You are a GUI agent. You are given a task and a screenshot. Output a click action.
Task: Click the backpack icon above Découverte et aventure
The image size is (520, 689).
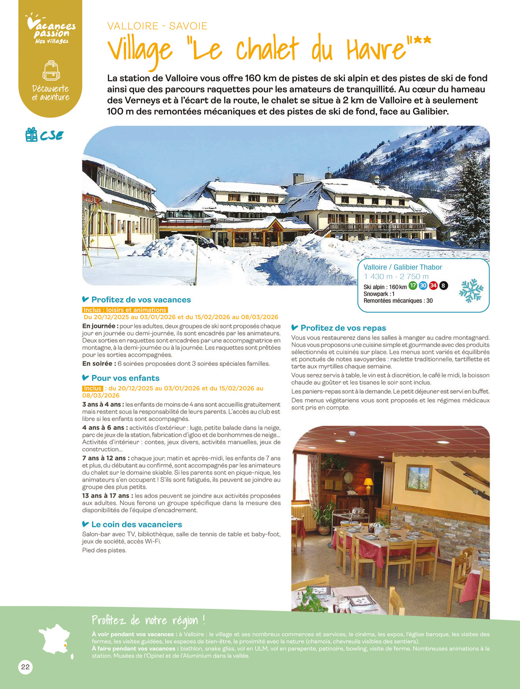pyautogui.click(x=51, y=70)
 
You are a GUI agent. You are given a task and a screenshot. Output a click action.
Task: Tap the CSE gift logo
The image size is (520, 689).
pyautogui.click(x=44, y=135)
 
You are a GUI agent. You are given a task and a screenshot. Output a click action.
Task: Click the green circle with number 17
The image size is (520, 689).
pyautogui.click(x=413, y=286)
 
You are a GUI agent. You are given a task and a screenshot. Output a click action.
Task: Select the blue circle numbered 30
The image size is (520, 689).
pyautogui.click(x=423, y=286)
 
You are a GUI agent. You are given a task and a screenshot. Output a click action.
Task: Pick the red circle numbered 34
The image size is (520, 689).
pyautogui.click(x=433, y=286)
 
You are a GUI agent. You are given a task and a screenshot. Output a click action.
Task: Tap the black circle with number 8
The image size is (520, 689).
pyautogui.click(x=443, y=286)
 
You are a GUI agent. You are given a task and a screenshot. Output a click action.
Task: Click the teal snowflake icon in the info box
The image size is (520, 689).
pyautogui.click(x=471, y=290)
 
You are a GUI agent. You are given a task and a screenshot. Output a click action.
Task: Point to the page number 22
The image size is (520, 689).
pyautogui.click(x=26, y=667)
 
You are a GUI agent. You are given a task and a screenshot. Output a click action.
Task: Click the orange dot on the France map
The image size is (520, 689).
pyautogui.click(x=65, y=645)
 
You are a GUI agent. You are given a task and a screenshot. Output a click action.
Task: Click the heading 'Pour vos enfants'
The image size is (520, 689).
pyautogui.click(x=125, y=378)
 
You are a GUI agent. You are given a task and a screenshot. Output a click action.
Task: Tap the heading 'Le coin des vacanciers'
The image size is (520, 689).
pyautogui.click(x=136, y=524)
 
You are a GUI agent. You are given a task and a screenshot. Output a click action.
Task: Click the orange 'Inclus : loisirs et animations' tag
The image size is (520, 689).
pyautogui.click(x=125, y=310)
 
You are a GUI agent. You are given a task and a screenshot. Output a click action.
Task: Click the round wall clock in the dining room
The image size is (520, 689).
pyautogui.click(x=348, y=477)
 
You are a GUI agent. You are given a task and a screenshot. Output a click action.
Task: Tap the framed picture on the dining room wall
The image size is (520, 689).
pyautogui.click(x=418, y=478)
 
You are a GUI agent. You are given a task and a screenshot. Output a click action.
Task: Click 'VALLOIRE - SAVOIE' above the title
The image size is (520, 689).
pyautogui.click(x=157, y=26)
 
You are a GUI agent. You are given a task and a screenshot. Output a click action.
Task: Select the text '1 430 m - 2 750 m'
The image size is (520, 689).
pyautogui.click(x=396, y=276)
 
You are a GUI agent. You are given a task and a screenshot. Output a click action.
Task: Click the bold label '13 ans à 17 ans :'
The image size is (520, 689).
pyautogui.click(x=107, y=496)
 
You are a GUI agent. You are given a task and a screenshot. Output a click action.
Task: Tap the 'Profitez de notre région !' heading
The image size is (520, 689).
pyautogui.click(x=148, y=620)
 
